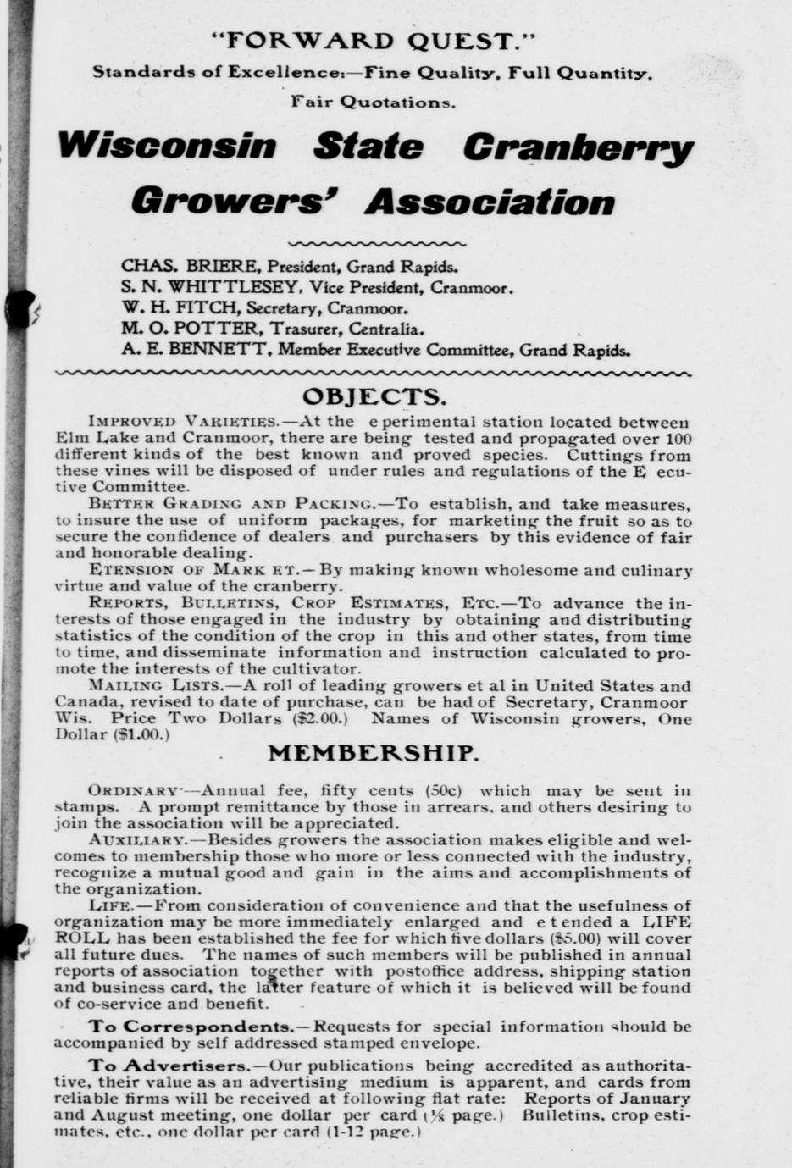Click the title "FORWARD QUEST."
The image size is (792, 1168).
point(374,40)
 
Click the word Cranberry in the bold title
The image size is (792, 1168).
point(578,147)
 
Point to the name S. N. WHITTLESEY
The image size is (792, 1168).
point(210,287)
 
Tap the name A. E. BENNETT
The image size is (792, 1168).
point(197,350)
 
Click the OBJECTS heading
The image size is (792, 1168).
point(373,396)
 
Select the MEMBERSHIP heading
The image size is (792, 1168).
point(373,753)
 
